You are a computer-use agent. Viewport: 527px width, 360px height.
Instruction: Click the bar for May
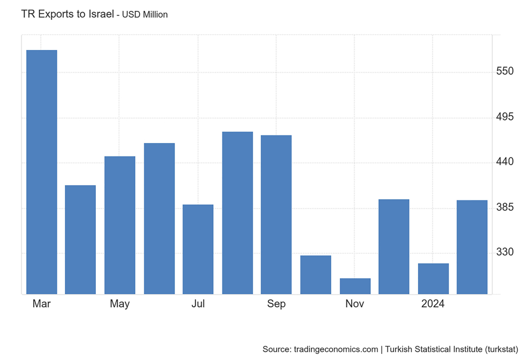(x=120, y=225)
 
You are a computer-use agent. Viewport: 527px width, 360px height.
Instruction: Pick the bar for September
(x=276, y=214)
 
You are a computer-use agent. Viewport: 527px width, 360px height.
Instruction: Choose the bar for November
(x=355, y=286)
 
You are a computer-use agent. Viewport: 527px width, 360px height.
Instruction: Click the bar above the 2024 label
(x=433, y=279)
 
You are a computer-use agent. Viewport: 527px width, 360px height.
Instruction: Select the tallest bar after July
(x=237, y=213)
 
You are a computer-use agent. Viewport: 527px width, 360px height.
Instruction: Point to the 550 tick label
(x=505, y=71)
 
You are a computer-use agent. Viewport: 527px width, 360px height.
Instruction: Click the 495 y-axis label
(x=505, y=117)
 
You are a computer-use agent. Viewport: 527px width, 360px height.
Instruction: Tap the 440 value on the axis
(x=505, y=162)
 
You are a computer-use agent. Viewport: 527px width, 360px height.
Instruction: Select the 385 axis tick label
(x=505, y=208)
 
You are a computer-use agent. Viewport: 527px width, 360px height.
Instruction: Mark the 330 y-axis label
(x=505, y=253)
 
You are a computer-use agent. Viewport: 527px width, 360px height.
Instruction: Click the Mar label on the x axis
(x=41, y=304)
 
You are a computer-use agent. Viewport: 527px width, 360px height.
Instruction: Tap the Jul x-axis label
(x=198, y=304)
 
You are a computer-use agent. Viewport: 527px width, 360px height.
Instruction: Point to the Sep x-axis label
(x=276, y=304)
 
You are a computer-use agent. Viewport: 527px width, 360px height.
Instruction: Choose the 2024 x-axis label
(x=433, y=304)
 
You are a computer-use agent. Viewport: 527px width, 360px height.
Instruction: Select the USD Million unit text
(x=145, y=15)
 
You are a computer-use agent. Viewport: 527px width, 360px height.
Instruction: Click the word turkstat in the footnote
(x=498, y=349)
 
